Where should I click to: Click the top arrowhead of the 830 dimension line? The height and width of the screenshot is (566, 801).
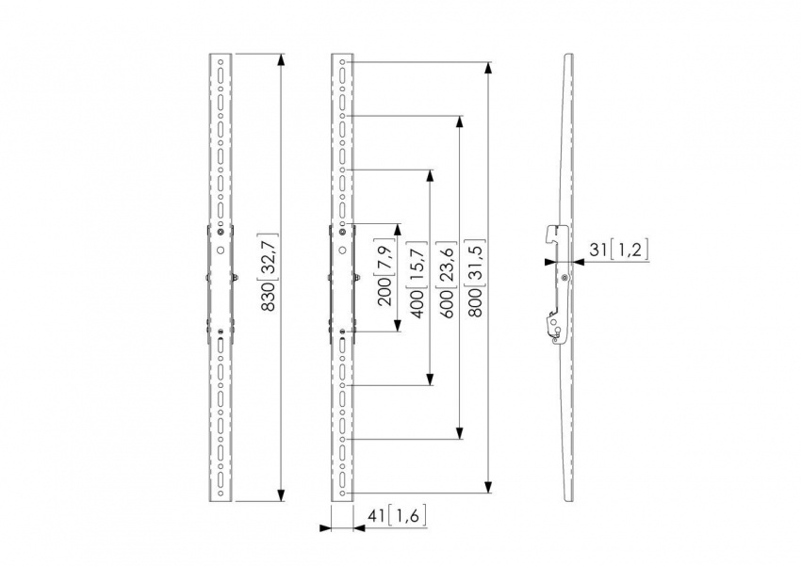[281, 60]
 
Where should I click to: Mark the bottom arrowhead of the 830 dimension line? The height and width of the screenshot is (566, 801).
[281, 496]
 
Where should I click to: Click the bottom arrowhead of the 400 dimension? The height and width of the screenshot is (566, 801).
[430, 380]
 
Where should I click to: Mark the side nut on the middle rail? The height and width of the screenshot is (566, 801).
[359, 277]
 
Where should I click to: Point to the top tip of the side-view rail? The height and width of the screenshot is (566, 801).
[569, 56]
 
